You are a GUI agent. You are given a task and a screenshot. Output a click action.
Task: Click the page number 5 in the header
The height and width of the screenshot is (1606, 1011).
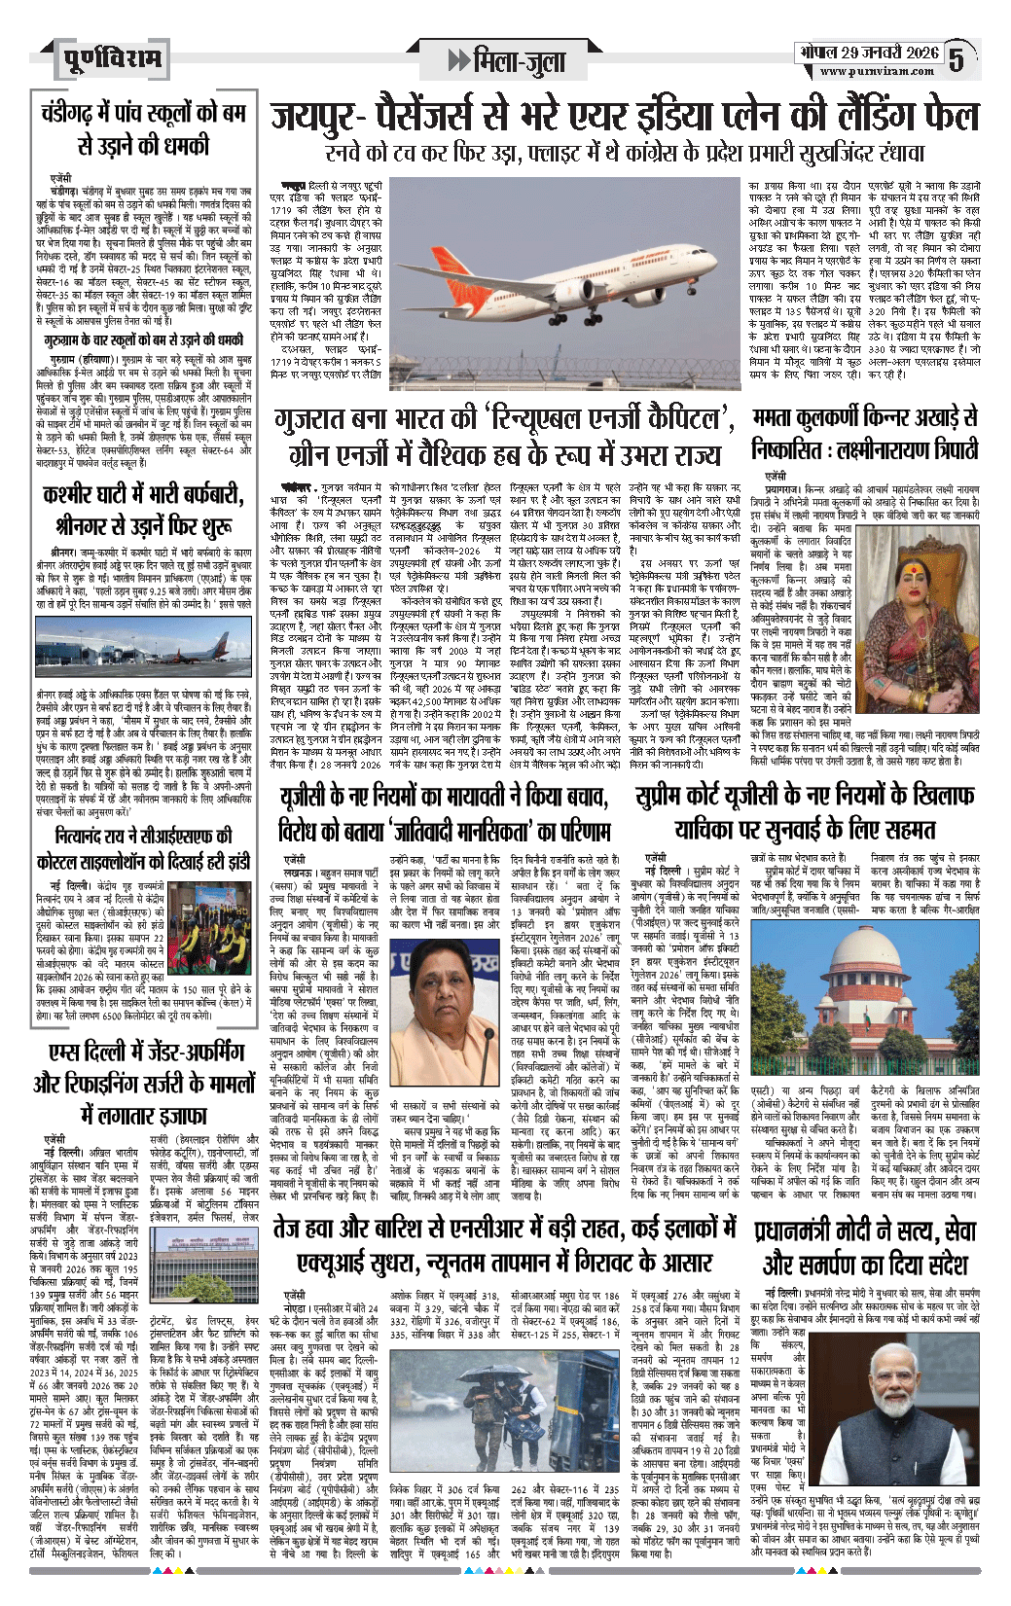958,59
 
